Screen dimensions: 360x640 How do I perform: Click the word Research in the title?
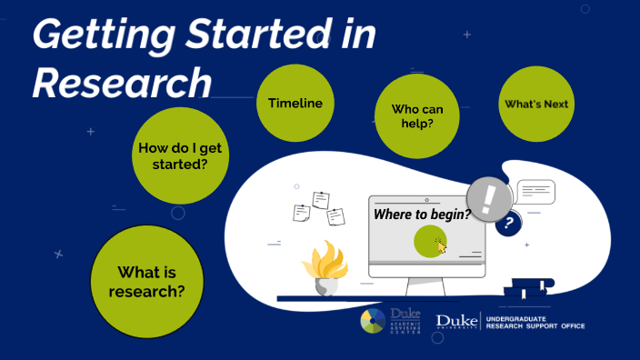(122, 83)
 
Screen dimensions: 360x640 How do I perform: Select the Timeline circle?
(295, 104)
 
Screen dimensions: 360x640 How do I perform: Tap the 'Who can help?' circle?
(412, 115)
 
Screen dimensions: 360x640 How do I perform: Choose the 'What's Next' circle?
(536, 105)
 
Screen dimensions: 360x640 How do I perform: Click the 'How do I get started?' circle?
(179, 155)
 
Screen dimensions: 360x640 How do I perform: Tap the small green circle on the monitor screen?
(428, 242)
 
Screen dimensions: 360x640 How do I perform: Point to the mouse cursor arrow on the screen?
(441, 245)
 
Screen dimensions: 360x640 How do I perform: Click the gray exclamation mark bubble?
(489, 198)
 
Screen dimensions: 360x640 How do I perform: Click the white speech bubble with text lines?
(535, 192)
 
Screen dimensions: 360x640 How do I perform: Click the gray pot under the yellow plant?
(326, 285)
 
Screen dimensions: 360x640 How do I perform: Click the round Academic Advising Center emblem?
(373, 322)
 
